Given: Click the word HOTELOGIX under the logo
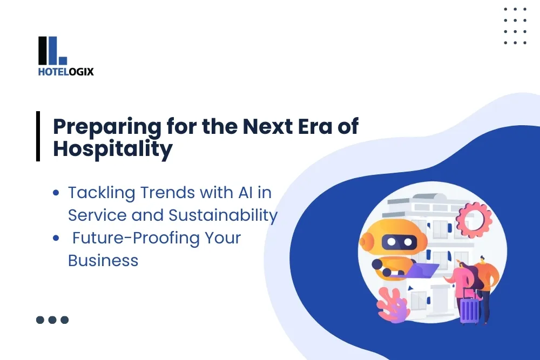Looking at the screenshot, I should (66, 71).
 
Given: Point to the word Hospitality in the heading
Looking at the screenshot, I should (112, 150).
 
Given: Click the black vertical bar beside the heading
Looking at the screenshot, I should (38, 136).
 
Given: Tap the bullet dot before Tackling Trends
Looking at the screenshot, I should (56, 193).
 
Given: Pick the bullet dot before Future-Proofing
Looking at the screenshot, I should (56, 238).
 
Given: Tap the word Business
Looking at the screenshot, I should (103, 261).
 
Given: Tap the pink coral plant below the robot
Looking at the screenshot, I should (393, 305).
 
